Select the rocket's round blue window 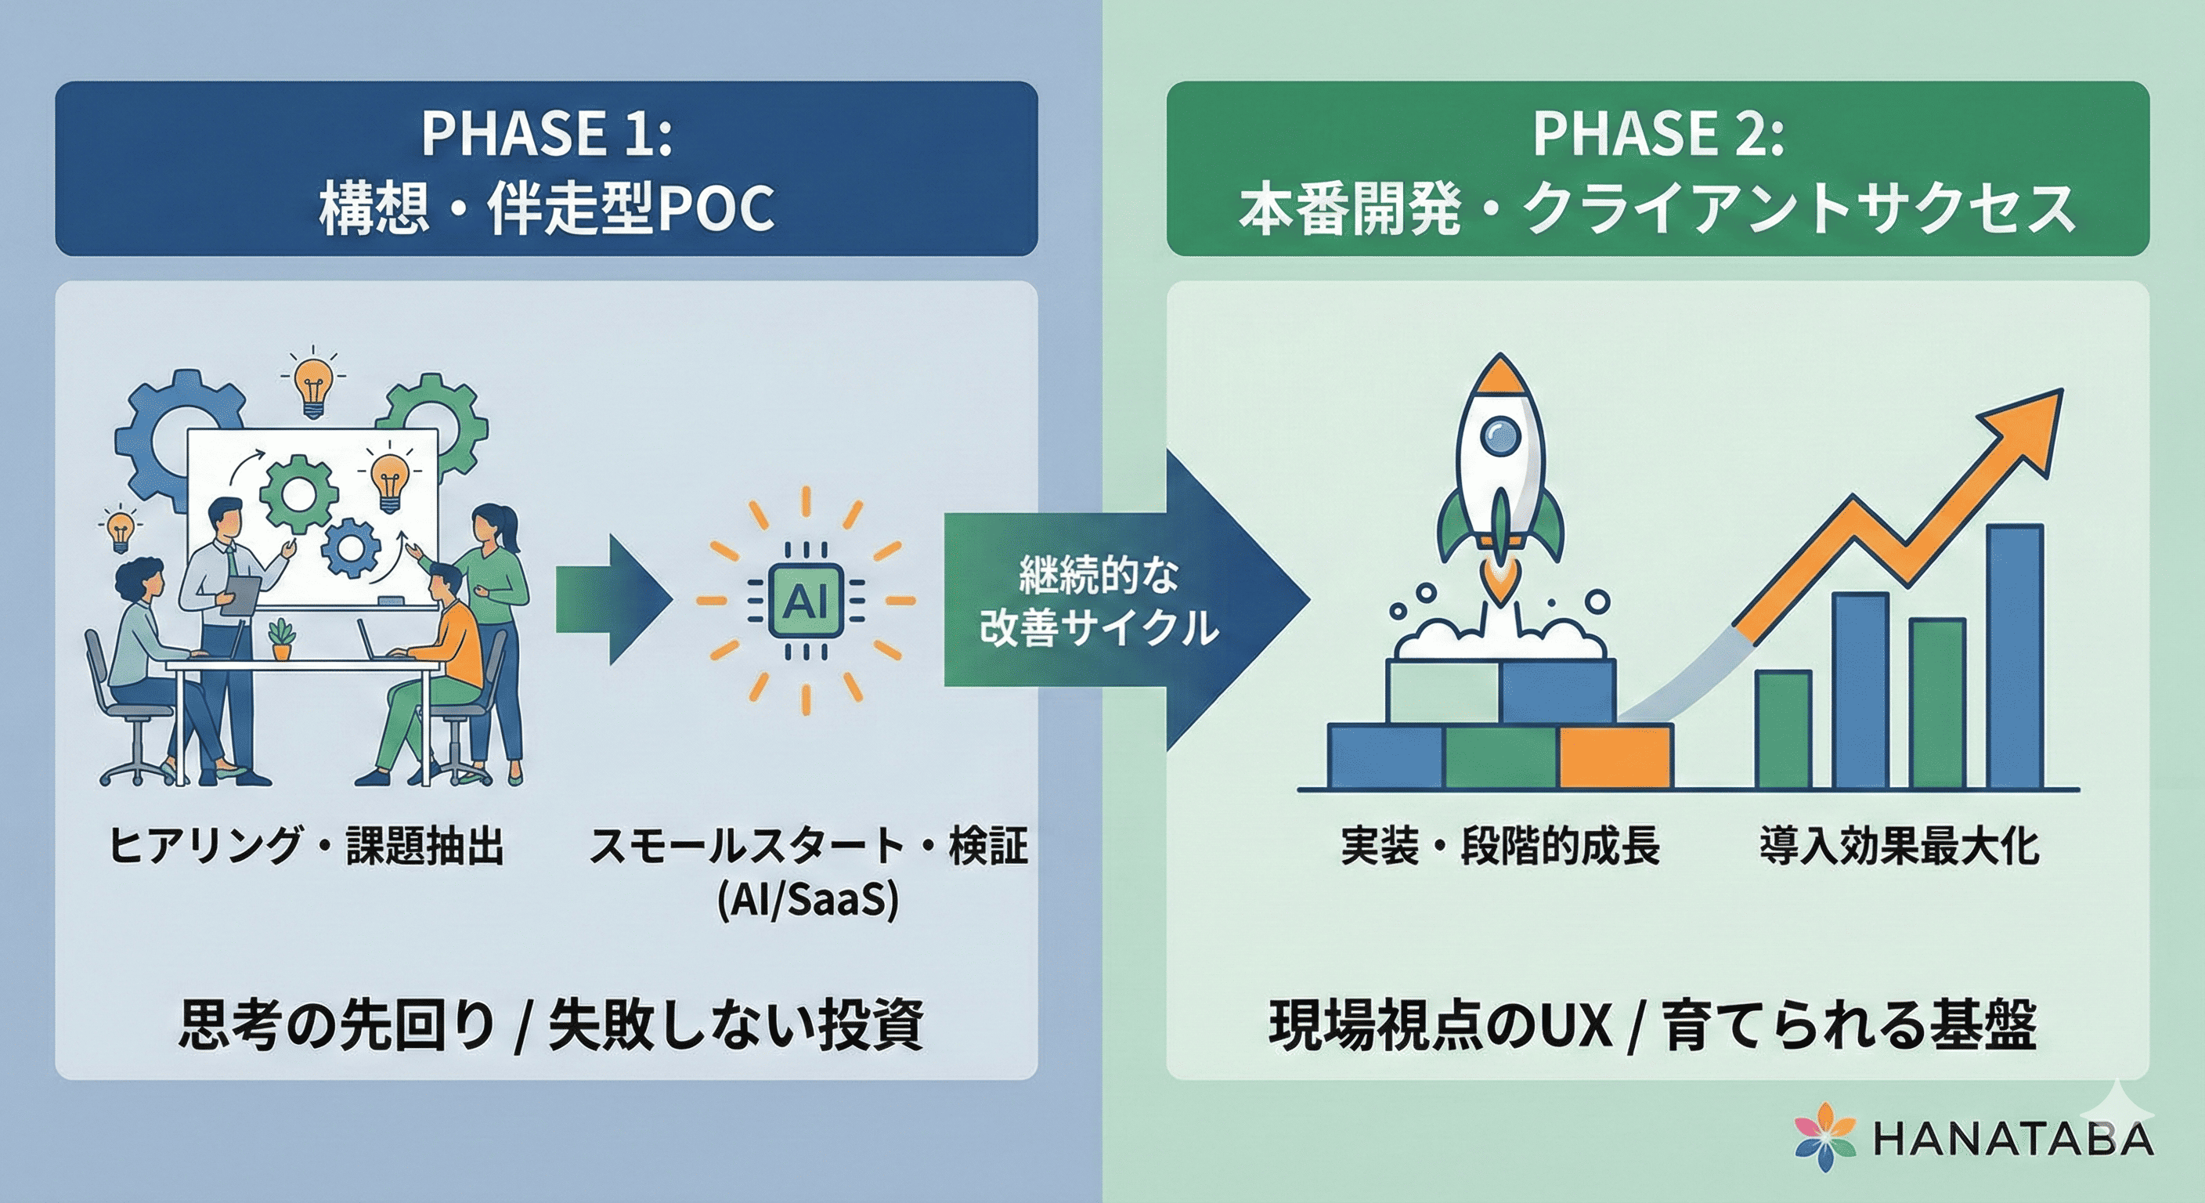coord(1500,435)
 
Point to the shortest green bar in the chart coord(1783,728)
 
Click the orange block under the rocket coord(1615,756)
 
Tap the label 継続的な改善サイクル coord(1099,602)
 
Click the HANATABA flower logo coord(1826,1137)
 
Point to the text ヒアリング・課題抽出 coord(305,845)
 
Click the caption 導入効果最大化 coord(1900,845)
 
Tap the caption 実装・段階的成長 coord(1500,845)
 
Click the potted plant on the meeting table coord(281,640)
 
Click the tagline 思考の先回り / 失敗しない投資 coord(550,1024)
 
